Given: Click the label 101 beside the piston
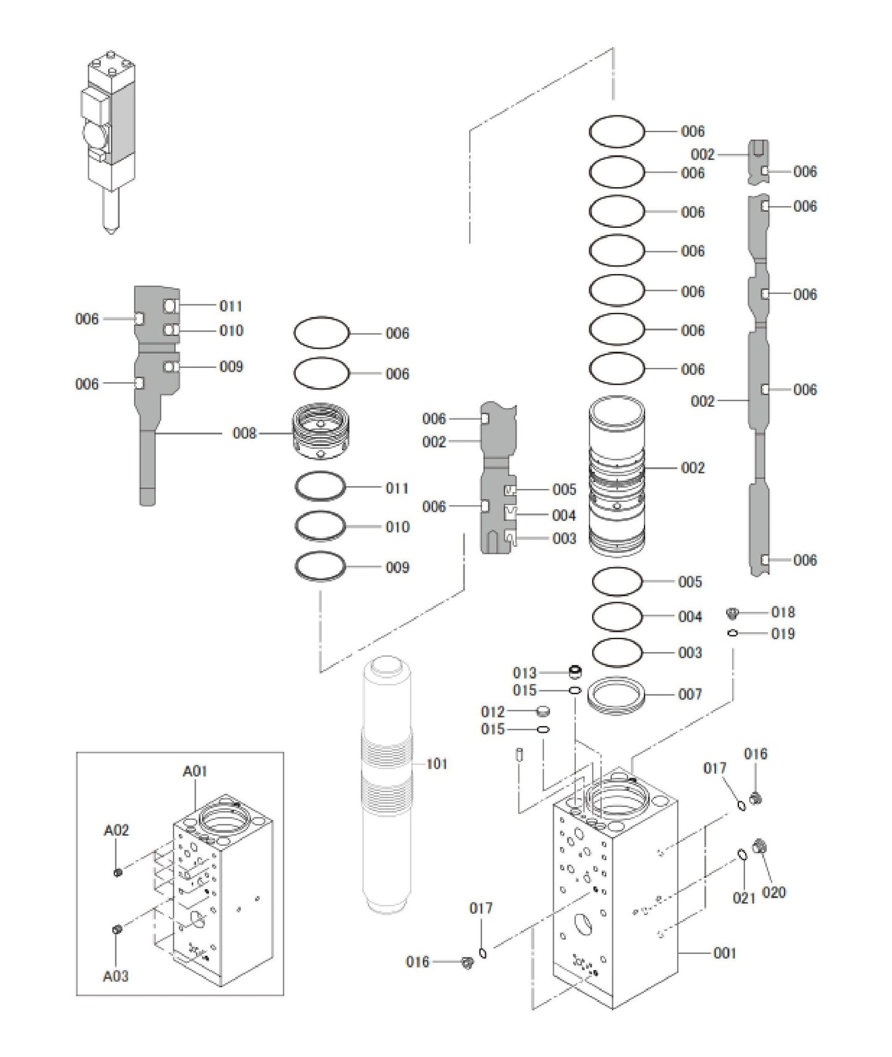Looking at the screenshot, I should click(436, 764).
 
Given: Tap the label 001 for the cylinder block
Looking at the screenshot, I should click(725, 953).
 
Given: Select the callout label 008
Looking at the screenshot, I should click(244, 433).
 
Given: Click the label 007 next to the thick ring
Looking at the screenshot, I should click(690, 695).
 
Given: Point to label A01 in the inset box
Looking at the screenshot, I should click(195, 771).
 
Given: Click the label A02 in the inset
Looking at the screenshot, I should click(116, 830).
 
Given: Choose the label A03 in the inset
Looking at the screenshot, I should click(115, 976).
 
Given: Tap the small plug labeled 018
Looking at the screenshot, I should click(733, 612).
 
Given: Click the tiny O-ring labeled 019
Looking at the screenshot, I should click(733, 633).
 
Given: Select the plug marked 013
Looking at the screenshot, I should click(575, 671).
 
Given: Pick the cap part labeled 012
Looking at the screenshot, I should click(543, 711).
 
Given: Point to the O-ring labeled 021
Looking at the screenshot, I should click(742, 854).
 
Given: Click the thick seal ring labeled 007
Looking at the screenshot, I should click(616, 696).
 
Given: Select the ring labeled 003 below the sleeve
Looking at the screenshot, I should click(617, 652).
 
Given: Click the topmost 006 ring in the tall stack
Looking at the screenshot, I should click(617, 132).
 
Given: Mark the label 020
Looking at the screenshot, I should click(773, 892).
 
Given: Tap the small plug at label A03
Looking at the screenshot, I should click(117, 930).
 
